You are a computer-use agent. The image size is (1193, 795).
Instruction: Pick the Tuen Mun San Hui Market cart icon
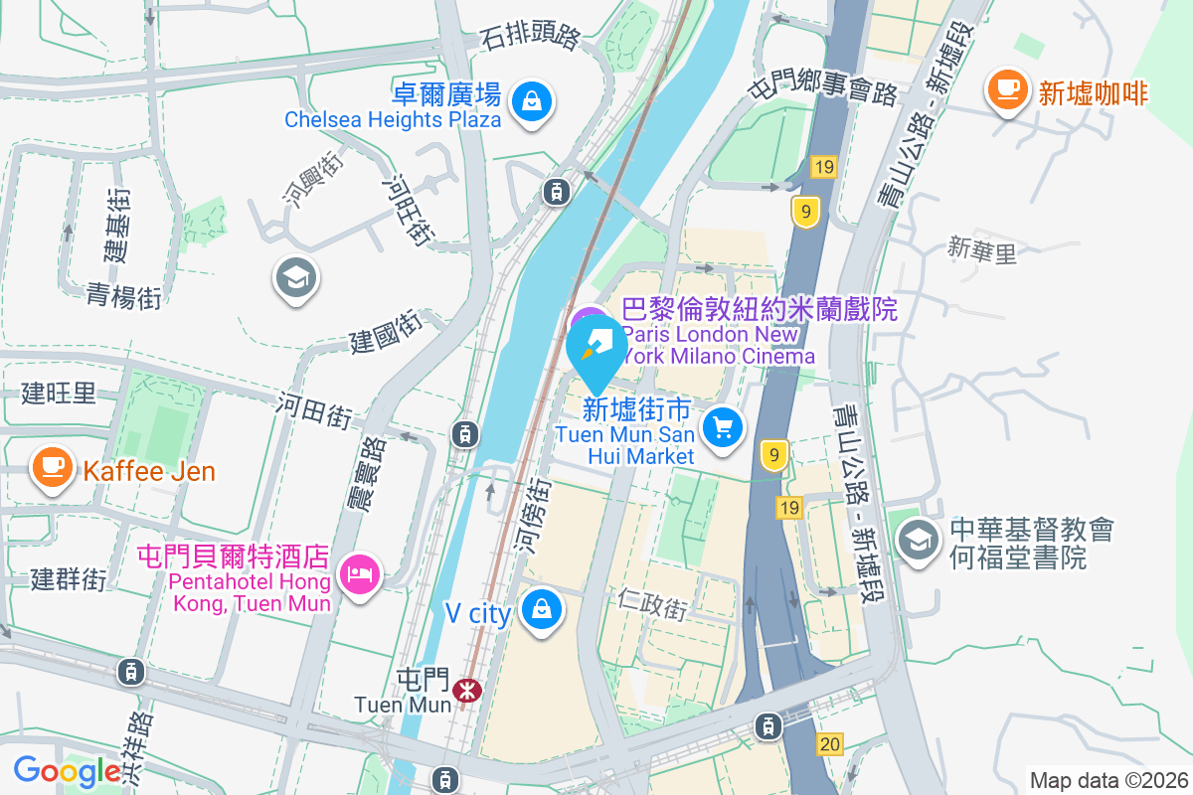723,427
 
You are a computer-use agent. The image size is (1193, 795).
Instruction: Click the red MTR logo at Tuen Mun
464,690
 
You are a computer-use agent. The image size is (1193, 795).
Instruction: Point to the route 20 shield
831,743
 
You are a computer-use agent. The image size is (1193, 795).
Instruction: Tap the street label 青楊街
123,295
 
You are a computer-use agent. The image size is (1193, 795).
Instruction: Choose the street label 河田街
314,409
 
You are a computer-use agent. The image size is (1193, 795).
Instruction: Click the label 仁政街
651,604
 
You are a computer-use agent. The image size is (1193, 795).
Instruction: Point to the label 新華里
982,250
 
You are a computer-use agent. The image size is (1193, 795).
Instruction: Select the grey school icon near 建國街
295,277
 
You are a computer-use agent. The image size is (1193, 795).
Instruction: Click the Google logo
67,770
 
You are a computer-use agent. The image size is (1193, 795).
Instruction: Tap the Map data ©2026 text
1108,780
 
